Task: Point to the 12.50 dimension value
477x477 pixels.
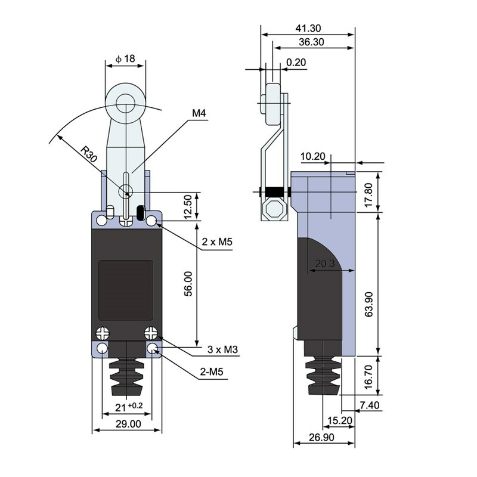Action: [189, 206]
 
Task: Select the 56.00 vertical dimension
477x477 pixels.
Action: [189, 284]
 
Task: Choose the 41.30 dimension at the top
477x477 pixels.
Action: [308, 28]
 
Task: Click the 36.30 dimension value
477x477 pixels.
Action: [312, 42]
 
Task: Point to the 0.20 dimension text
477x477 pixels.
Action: [296, 62]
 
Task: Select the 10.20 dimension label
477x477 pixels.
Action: [313, 157]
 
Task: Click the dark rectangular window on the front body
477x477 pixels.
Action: [125, 290]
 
